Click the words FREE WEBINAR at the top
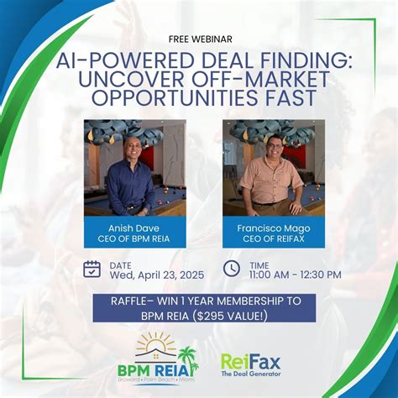coord(199,38)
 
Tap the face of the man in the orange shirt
coord(273,149)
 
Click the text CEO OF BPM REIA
coord(134,238)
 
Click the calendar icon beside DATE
coord(92,269)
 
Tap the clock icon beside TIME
coord(232,269)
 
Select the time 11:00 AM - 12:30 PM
coord(295,275)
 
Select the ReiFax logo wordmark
coord(250,362)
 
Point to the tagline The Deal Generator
coord(251,375)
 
